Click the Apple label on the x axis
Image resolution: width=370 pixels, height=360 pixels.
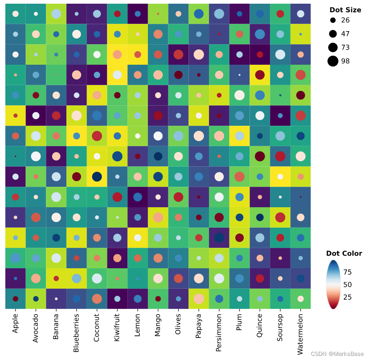[x=16, y=324]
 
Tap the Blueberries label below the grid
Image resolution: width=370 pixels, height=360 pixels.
[x=76, y=331]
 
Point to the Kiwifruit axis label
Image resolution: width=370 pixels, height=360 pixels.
[x=117, y=328]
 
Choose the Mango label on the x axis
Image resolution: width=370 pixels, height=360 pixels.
[x=158, y=325]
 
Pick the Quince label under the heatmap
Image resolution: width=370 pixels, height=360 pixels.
[x=259, y=325]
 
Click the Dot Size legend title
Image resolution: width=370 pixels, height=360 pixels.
[x=345, y=10]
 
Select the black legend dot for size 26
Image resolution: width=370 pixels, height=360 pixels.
[x=333, y=20]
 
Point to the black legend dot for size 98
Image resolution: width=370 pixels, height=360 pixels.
[x=333, y=61]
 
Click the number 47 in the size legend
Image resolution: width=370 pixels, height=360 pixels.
[x=345, y=34]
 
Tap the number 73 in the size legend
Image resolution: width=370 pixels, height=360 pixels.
[x=345, y=48]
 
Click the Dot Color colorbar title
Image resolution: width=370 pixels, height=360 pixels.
[x=344, y=253]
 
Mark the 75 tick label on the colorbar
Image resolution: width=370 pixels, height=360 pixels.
[x=347, y=272]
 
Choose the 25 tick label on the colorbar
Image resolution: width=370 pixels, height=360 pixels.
[x=347, y=297]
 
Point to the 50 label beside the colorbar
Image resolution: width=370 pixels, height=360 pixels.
[x=347, y=285]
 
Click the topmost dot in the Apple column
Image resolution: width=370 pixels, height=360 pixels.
[x=16, y=14]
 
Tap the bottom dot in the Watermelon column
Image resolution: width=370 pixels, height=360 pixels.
[x=300, y=299]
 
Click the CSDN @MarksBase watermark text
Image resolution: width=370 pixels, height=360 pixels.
[x=337, y=354]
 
